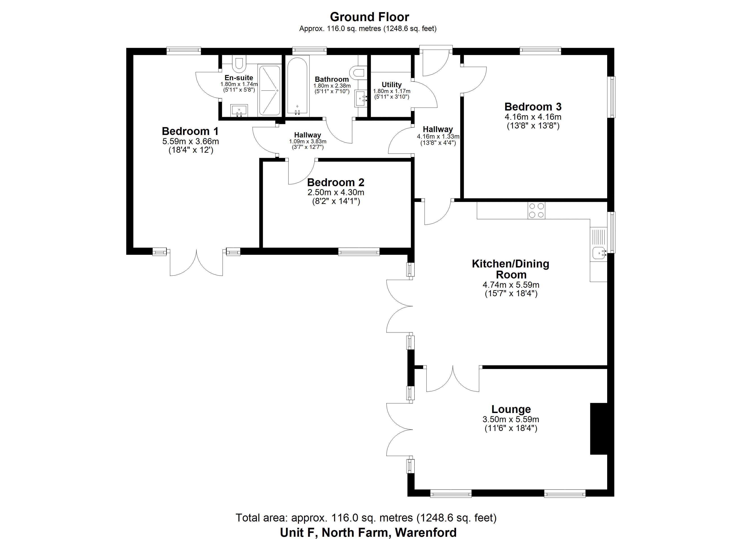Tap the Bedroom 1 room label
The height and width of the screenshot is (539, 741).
click(x=190, y=131)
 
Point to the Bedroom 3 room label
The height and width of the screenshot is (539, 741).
click(x=533, y=106)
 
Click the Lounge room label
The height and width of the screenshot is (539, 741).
click(x=511, y=409)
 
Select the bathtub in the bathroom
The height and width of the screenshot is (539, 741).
click(x=297, y=86)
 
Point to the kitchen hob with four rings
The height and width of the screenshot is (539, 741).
click(x=536, y=210)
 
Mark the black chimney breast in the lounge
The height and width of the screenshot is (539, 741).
click(x=599, y=429)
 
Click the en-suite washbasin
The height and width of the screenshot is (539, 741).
click(x=239, y=110)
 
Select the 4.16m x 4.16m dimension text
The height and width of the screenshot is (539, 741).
click(x=533, y=117)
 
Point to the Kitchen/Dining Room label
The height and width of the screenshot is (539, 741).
click(x=511, y=269)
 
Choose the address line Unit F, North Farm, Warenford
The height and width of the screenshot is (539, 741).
click(x=368, y=532)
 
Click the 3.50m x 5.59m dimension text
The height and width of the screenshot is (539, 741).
click(x=511, y=419)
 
